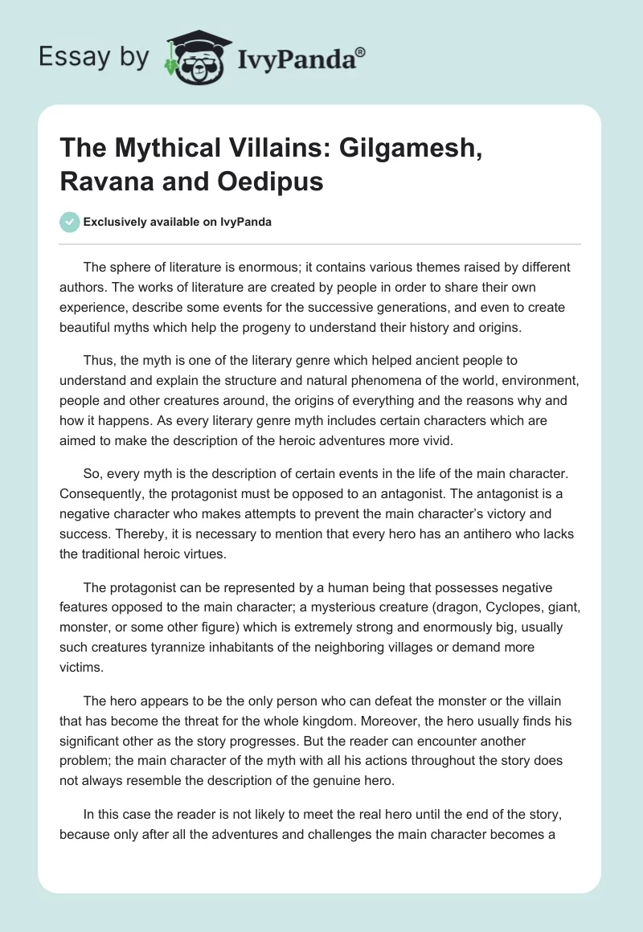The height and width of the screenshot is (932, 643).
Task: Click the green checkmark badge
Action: click(x=70, y=222)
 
